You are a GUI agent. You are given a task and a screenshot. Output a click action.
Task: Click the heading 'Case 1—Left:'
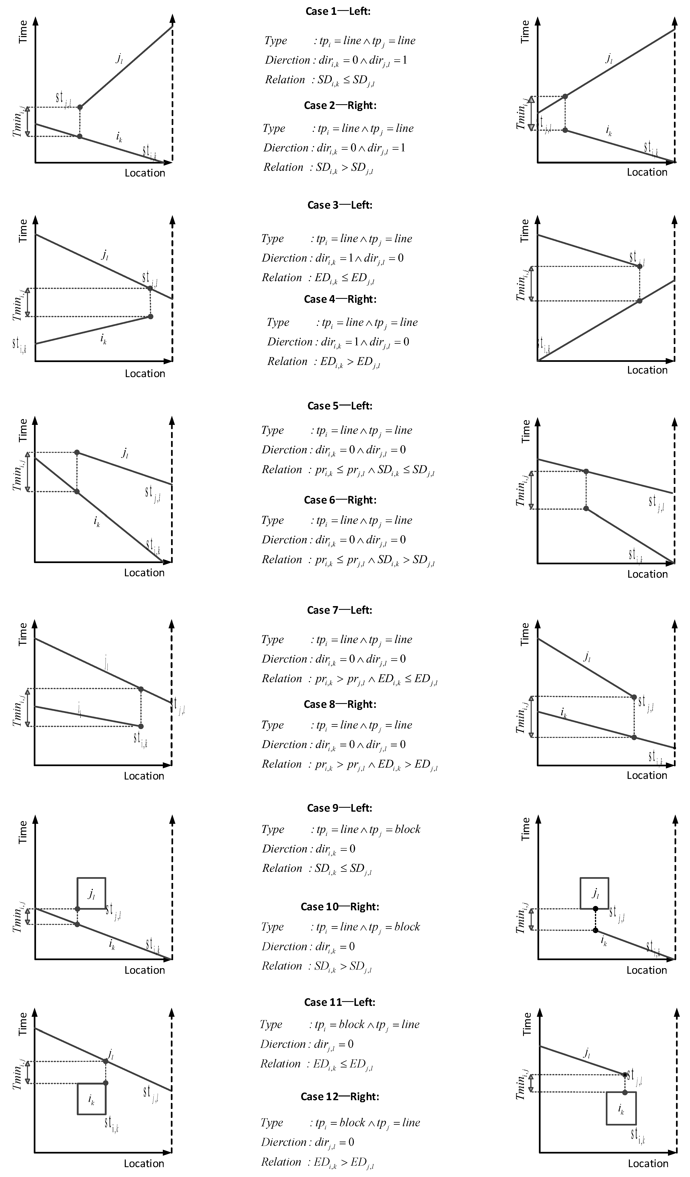coord(338,11)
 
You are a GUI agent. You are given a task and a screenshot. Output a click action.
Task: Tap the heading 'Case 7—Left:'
coord(339,610)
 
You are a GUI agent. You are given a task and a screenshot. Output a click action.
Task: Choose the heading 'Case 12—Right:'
coord(340,1096)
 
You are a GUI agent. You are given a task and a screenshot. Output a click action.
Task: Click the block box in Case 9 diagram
coord(92,893)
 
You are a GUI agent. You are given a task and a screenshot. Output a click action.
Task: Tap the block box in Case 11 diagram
coord(92,1099)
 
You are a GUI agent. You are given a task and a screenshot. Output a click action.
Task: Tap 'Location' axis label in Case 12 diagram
coord(648,1163)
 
